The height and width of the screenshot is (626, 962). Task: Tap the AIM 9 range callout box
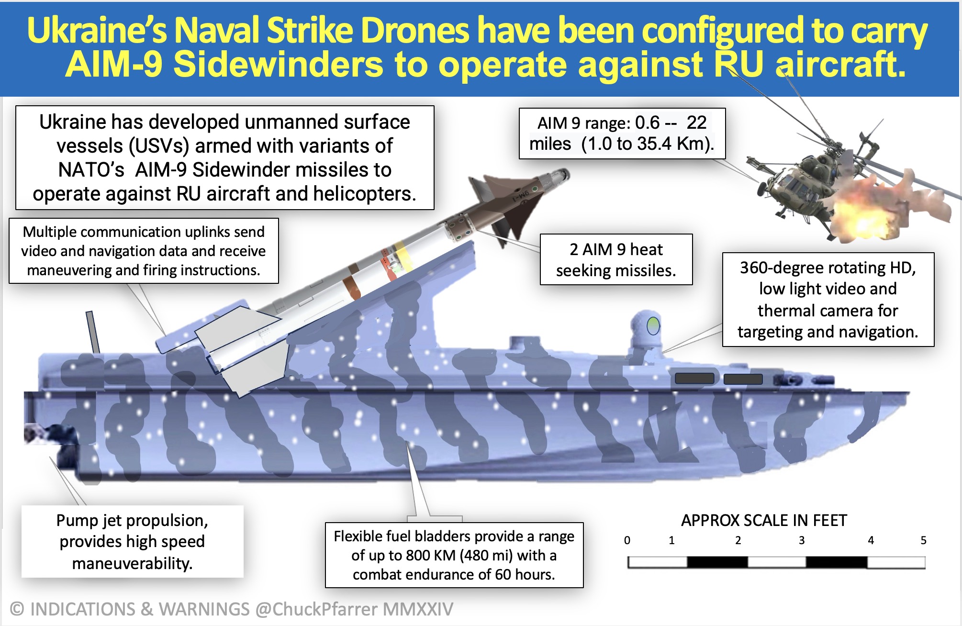(622, 134)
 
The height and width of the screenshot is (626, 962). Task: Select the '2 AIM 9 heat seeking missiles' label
(616, 260)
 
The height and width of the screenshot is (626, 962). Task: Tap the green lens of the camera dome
(652, 326)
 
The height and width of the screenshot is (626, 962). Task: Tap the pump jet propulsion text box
(132, 542)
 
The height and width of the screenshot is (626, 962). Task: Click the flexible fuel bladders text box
(454, 555)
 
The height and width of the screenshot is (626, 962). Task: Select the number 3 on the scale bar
(801, 540)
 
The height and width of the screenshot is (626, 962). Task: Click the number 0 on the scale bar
(627, 540)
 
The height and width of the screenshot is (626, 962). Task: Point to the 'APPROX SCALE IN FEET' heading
(764, 520)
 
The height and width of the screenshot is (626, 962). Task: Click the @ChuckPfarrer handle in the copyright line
(316, 609)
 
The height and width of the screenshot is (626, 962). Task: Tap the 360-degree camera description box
(828, 300)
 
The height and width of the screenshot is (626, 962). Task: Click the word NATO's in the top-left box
(91, 170)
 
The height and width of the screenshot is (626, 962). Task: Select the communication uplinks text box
(144, 251)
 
